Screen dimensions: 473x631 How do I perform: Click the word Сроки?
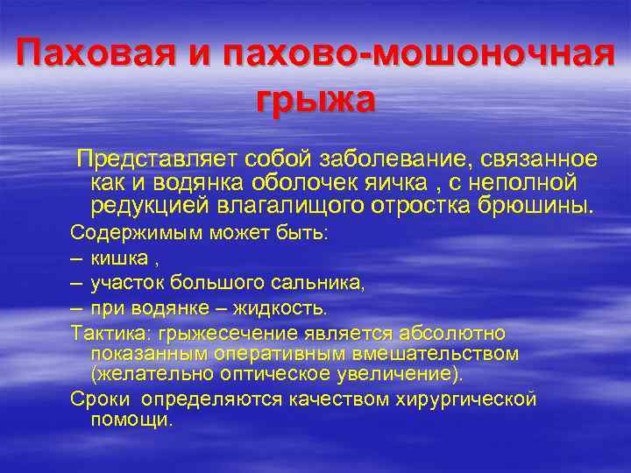[95, 399]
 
